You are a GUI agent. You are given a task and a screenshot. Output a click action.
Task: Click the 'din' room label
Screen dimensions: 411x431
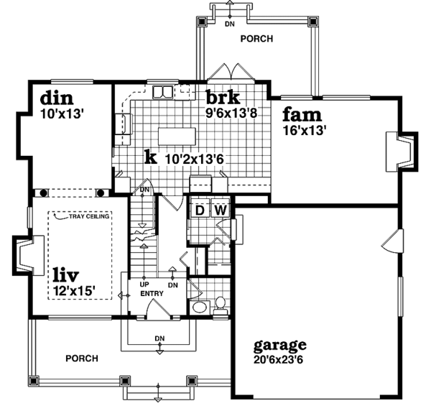pyautogui.click(x=57, y=97)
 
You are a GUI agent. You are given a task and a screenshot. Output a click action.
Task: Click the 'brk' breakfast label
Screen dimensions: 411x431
pyautogui.click(x=223, y=97)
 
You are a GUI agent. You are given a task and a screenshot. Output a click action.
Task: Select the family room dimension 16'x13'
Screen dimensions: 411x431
pyautogui.click(x=305, y=131)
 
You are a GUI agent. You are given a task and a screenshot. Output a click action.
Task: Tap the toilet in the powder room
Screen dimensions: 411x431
pyautogui.click(x=220, y=305)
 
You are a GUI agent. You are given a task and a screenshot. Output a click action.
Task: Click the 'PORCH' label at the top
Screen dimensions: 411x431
pyautogui.click(x=256, y=39)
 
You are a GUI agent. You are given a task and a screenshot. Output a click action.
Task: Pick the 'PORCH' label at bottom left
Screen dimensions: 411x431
pyautogui.click(x=81, y=358)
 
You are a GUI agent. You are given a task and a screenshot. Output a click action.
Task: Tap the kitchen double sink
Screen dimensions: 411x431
pyautogui.click(x=162, y=91)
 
